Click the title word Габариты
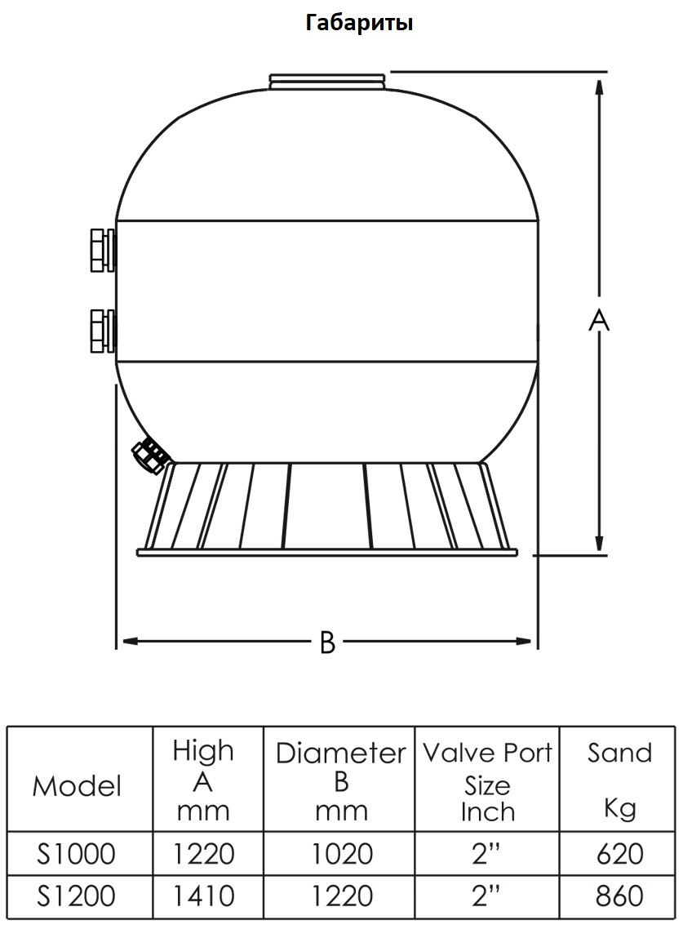tap(359, 23)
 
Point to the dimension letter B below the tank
tap(327, 642)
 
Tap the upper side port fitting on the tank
tap(103, 250)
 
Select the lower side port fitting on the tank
tap(103, 331)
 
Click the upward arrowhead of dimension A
tap(599, 87)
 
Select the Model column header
tap(78, 785)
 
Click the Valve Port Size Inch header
tap(487, 782)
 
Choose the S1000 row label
tap(76, 854)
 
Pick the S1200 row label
tap(76, 896)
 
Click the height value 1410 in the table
tap(203, 896)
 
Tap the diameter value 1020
tap(342, 854)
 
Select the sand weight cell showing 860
tap(619, 896)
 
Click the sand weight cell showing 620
tap(619, 854)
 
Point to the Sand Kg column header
tap(619, 780)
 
